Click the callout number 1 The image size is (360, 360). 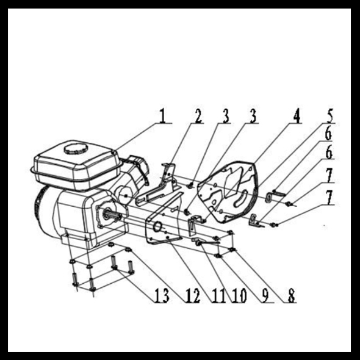coord(162,115)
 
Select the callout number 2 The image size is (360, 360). coord(198,116)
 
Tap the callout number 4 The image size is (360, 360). coord(297,116)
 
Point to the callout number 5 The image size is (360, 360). coord(329,116)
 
